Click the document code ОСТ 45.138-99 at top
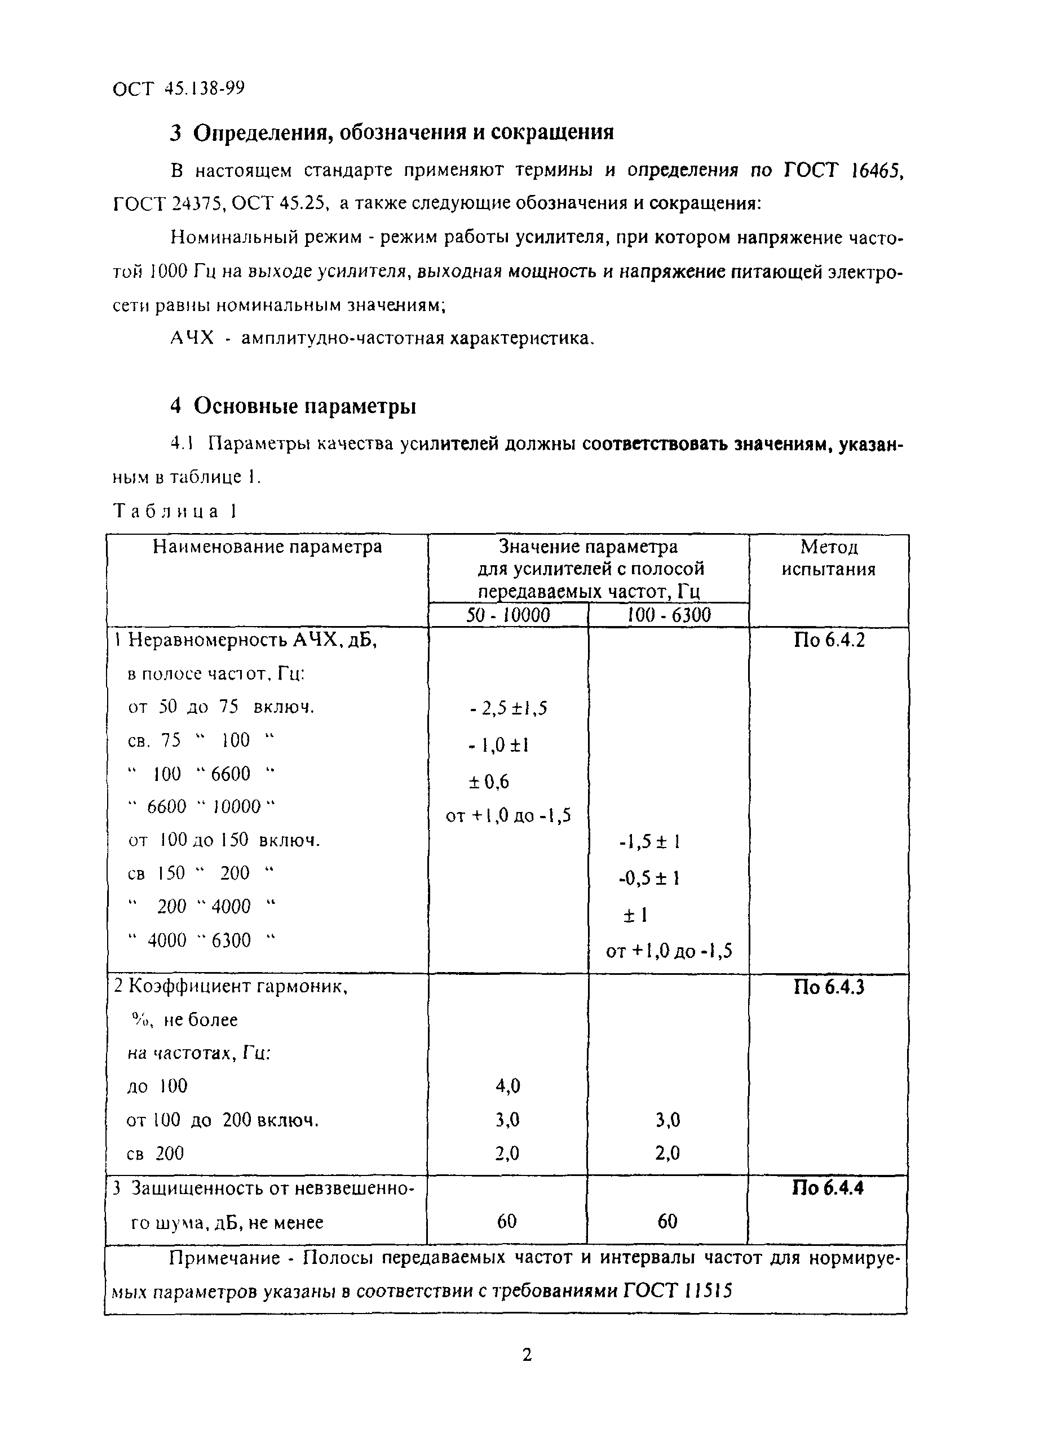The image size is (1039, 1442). (x=178, y=88)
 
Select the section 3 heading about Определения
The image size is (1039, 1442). (x=391, y=132)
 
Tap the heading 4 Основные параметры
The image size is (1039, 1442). (x=293, y=405)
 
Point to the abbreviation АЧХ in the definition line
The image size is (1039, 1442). (x=192, y=338)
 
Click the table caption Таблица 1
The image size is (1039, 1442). (x=174, y=511)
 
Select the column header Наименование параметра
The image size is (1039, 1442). (x=267, y=547)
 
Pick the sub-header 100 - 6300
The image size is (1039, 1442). (x=668, y=615)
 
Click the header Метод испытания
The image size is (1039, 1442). (x=828, y=558)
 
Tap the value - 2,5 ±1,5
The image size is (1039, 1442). (x=508, y=708)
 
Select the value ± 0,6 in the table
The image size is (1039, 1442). (x=489, y=782)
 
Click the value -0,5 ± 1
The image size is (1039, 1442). (x=649, y=878)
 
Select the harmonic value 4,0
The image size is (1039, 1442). (x=508, y=1086)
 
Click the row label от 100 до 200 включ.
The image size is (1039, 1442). (x=222, y=1120)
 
